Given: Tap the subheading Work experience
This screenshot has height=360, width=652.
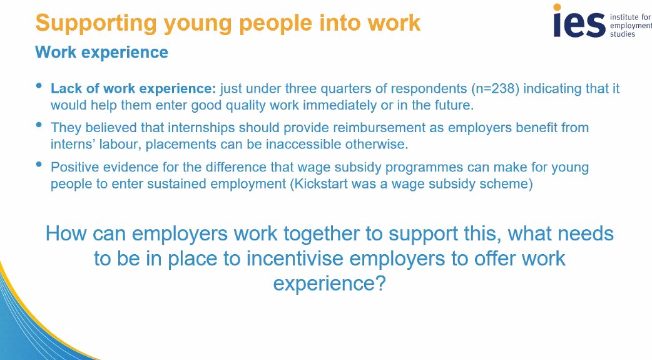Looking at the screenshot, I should [101, 52].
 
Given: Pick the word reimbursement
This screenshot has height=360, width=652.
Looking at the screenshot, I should [335, 128].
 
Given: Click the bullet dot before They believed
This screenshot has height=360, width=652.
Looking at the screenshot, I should [40, 125].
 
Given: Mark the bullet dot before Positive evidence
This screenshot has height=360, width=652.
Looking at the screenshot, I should [40, 165].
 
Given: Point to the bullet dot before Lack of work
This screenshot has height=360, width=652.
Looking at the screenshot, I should [40, 86].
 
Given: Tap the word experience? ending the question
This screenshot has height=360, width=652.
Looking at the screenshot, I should [329, 283].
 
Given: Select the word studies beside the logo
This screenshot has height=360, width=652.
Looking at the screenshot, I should [623, 34].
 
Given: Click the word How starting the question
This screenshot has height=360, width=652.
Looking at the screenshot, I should [66, 234].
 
